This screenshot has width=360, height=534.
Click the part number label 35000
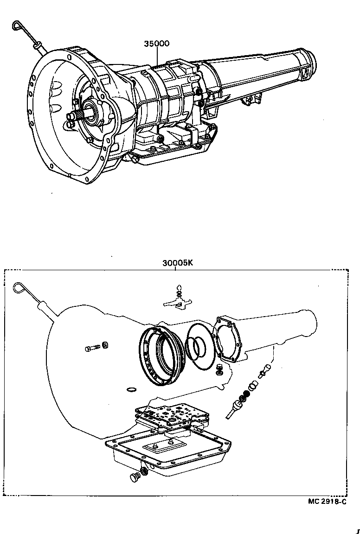[156, 44]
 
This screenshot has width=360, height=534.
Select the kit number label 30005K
[177, 262]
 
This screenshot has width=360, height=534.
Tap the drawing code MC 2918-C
[327, 502]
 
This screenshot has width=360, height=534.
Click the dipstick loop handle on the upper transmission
[18, 25]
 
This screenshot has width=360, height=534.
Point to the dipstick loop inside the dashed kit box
[19, 288]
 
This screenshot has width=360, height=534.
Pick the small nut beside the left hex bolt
[105, 344]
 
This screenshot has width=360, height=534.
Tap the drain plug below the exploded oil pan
[135, 477]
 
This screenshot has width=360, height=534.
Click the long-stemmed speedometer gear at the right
[235, 408]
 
